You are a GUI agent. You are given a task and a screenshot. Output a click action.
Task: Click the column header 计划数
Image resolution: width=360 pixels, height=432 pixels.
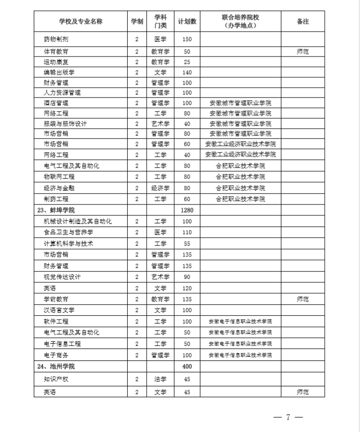(187, 21)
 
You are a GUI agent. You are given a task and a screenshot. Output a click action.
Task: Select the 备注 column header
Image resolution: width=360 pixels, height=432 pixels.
(302, 21)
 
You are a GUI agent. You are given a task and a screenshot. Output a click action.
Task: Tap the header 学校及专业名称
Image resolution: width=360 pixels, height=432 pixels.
(81, 21)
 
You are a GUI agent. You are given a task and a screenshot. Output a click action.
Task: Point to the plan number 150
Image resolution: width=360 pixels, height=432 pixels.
(187, 39)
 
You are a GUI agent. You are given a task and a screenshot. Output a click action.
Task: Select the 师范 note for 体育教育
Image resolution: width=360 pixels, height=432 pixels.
(302, 51)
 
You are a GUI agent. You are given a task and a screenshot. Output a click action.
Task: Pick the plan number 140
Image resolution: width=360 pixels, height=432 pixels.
(187, 72)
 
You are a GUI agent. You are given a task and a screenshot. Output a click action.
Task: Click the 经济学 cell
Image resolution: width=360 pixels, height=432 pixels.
(160, 188)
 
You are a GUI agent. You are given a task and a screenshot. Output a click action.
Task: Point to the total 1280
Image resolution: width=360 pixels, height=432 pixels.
(187, 210)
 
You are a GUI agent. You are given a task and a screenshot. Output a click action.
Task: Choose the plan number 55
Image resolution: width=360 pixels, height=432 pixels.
(187, 244)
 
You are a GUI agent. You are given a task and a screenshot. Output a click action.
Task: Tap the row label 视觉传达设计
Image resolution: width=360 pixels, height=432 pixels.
(62, 277)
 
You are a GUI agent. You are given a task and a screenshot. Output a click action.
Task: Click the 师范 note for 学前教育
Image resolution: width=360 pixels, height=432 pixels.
(302, 299)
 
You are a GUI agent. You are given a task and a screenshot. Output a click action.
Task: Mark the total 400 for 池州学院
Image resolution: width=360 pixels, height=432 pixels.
(187, 367)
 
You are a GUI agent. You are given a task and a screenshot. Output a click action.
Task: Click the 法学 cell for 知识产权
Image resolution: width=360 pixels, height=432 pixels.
(160, 379)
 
